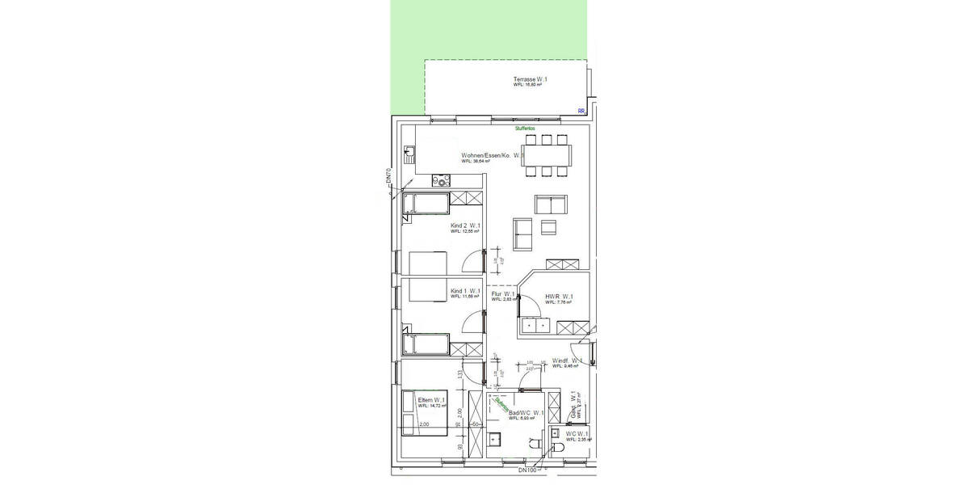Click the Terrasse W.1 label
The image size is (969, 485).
pos(531,80)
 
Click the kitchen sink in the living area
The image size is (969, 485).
pos(409,151)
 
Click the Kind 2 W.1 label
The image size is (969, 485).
pos(466,226)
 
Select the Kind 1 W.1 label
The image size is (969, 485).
pos(465,291)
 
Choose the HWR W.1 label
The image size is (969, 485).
pos(559,297)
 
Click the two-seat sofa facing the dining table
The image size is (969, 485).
pos(552,205)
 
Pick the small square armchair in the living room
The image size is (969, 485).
pos(550,226)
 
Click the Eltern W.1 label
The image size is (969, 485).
pos(432,400)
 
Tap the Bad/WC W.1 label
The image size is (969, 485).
pos(526,413)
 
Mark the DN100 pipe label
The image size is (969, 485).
pos(527,470)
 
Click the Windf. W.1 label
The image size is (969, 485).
pos(567,361)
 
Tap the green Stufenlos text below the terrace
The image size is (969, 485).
pos(526,128)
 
